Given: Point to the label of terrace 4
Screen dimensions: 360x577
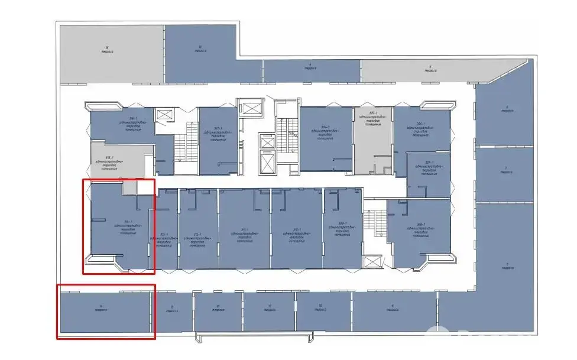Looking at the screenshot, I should coord(310,66).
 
